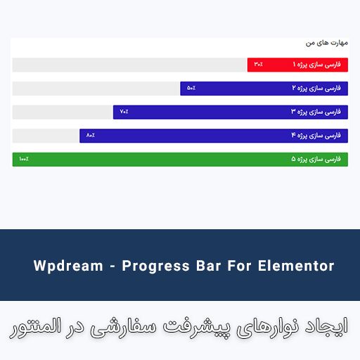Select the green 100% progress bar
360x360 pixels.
180,160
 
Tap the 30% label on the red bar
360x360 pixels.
259,65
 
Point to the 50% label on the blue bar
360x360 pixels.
191,89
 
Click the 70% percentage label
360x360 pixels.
124,112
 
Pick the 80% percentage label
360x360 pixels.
91,135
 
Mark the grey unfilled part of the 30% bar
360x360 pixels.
130,65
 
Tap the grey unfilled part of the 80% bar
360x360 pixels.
46,135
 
